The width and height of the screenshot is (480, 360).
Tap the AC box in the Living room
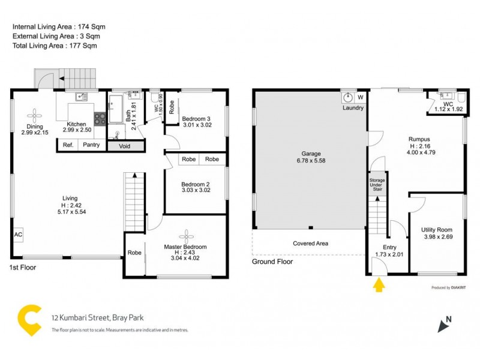(18, 235)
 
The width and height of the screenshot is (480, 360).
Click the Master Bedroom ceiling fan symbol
(186, 235)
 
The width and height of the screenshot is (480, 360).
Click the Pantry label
(91, 145)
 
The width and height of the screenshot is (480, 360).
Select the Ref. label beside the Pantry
(68, 145)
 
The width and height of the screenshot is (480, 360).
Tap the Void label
(125, 145)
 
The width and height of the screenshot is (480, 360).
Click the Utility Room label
(436, 230)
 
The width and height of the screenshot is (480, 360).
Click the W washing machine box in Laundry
(361, 97)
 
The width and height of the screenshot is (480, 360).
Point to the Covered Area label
(310, 244)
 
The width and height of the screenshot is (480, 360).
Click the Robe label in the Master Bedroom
(134, 253)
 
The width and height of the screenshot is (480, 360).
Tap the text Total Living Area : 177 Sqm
(55, 46)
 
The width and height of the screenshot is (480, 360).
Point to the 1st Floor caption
(23, 268)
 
